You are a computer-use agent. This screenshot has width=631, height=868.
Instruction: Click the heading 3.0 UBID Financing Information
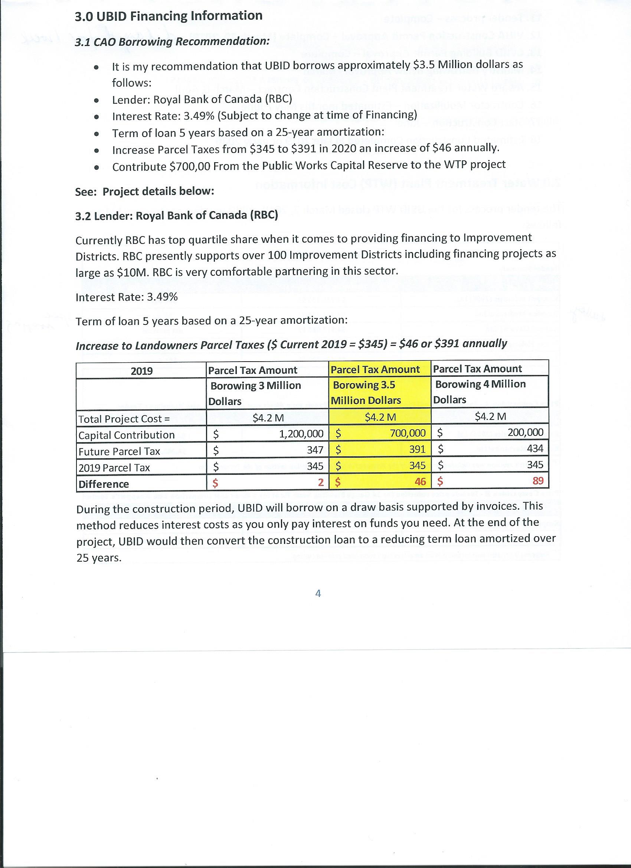click(169, 16)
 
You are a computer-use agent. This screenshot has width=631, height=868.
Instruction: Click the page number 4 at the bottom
click(318, 593)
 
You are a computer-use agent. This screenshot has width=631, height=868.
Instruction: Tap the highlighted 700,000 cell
click(408, 433)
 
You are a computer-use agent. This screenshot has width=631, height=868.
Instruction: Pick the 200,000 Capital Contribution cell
click(525, 432)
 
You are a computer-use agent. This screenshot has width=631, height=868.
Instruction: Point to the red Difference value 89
click(537, 481)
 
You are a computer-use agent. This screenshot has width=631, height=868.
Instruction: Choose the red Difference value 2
click(321, 483)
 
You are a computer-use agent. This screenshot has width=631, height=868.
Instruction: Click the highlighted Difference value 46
click(420, 482)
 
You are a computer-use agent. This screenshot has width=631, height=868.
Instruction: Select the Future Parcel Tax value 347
click(315, 450)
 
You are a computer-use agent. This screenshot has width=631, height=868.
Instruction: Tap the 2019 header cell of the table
click(141, 371)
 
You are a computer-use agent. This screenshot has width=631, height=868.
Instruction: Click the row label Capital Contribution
click(126, 435)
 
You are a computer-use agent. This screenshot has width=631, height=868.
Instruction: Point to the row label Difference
click(104, 484)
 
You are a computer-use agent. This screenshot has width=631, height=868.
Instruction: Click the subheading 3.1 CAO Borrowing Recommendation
click(172, 41)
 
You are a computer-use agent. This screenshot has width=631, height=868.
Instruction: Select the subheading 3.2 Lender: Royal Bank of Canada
click(176, 215)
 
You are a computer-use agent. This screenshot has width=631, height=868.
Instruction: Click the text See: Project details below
click(144, 191)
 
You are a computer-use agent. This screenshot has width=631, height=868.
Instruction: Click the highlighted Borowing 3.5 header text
click(364, 385)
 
